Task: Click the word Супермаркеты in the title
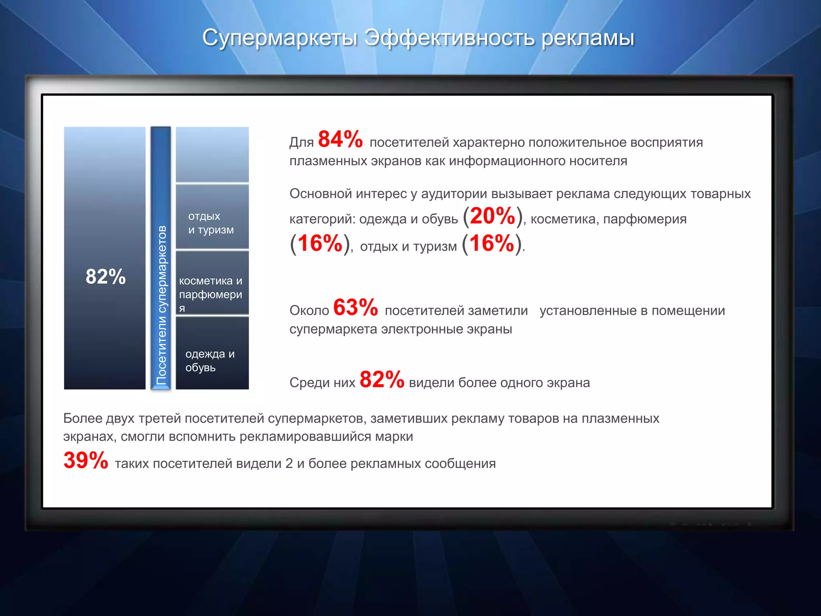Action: tap(279, 38)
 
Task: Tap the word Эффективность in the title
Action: tap(449, 38)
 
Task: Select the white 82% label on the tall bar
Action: tap(105, 276)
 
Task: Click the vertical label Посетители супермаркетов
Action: tap(161, 305)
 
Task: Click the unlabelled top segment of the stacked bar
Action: tap(212, 154)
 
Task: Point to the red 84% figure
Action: tap(340, 140)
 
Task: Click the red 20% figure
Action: tap(492, 216)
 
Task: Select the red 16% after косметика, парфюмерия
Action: tap(320, 243)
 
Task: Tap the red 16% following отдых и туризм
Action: tap(491, 243)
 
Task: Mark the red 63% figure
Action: tap(355, 308)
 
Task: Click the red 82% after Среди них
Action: tap(382, 379)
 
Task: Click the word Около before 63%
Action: tap(309, 311)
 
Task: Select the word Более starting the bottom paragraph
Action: tap(83, 418)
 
